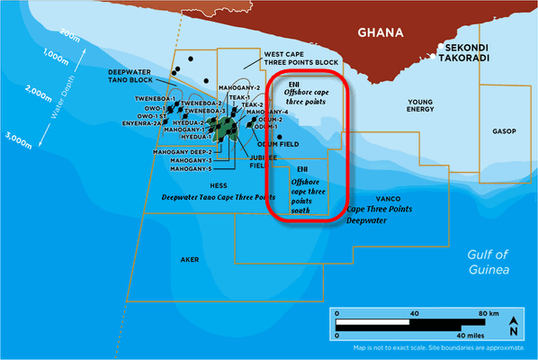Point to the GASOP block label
click(504, 131)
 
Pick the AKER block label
click(189, 259)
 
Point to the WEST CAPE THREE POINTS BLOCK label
click(301, 59)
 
